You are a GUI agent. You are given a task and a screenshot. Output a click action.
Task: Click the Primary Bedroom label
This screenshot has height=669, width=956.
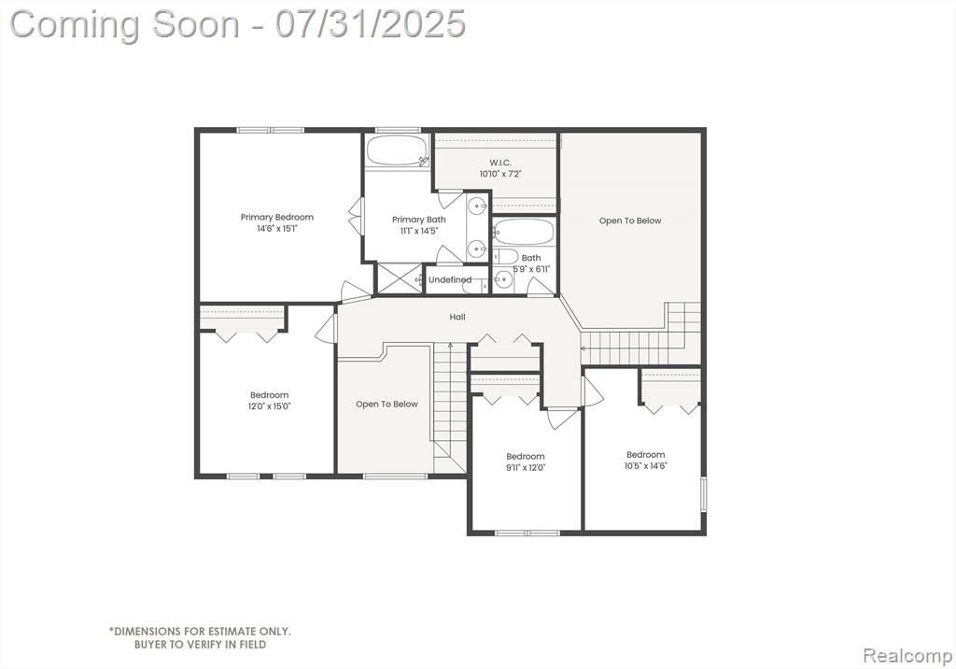(276, 218)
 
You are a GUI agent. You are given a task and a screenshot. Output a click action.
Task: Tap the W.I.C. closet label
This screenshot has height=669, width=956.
(500, 163)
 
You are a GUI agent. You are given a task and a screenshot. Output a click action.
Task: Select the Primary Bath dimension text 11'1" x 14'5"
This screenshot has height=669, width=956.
(419, 231)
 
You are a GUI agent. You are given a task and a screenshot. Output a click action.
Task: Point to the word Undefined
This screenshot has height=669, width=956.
(450, 279)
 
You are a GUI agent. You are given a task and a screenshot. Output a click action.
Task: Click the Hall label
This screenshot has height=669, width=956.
(457, 317)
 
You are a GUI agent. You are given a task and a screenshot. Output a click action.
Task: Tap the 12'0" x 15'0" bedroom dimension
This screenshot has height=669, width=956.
(269, 406)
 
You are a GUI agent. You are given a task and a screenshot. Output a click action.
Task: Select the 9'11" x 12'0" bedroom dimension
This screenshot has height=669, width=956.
(525, 467)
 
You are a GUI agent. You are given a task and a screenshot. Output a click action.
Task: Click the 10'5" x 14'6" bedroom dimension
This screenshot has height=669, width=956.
(646, 465)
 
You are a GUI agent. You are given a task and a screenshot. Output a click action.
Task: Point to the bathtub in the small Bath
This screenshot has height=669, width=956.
(525, 233)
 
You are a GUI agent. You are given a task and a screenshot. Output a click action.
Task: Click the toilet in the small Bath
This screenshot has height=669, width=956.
(505, 256)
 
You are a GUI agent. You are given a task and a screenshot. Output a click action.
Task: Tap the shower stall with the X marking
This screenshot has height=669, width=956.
(400, 278)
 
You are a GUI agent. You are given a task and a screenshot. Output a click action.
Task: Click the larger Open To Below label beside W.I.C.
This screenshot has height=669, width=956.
(630, 221)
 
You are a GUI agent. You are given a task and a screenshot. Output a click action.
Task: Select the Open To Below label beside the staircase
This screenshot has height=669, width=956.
(387, 404)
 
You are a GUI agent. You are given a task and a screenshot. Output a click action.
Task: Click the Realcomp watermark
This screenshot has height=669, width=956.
(907, 656)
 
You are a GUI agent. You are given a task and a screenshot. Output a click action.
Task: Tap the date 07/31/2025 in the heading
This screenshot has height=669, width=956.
(370, 24)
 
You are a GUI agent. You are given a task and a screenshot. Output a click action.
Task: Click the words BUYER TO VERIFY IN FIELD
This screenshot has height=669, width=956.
(200, 644)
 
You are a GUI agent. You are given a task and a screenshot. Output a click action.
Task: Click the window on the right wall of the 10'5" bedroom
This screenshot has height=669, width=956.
(703, 494)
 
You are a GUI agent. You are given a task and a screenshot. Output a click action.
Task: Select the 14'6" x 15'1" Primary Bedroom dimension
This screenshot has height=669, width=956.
(276, 229)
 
